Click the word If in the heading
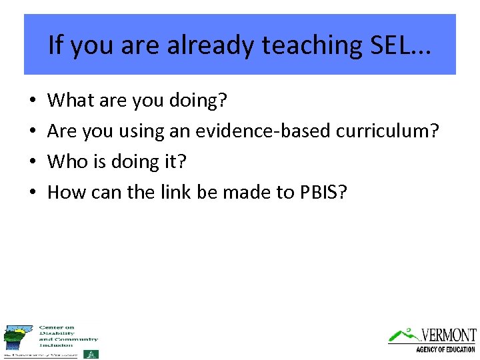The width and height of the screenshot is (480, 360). (x=55, y=45)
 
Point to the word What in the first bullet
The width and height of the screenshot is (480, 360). (x=69, y=101)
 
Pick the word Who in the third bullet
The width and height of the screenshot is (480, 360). (x=67, y=162)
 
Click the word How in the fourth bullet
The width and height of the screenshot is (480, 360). (x=65, y=193)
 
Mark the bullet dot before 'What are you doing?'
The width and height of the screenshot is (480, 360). (x=33, y=102)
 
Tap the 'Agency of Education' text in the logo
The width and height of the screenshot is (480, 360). (x=445, y=349)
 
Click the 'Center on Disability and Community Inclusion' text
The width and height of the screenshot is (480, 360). (x=68, y=337)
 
